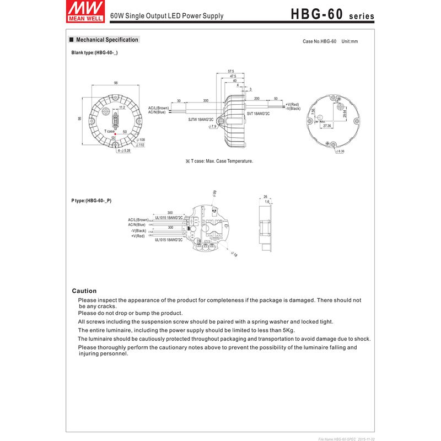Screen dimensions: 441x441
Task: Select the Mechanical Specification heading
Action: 106,40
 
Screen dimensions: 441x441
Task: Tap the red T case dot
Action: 116,132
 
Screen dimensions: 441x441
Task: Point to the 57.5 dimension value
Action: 231,72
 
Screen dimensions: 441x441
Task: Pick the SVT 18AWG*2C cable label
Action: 258,114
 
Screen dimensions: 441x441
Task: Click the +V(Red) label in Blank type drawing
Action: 292,104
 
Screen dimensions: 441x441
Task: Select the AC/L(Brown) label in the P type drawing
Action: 138,219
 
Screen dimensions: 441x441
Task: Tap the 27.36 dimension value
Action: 327,126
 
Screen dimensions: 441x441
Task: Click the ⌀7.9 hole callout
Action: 213,127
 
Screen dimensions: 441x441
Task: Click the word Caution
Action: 84,291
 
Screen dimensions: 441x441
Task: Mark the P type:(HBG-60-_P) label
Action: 92,201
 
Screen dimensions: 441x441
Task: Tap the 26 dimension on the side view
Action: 265,197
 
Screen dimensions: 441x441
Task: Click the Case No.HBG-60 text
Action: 320,41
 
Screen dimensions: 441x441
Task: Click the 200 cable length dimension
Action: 257,98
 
